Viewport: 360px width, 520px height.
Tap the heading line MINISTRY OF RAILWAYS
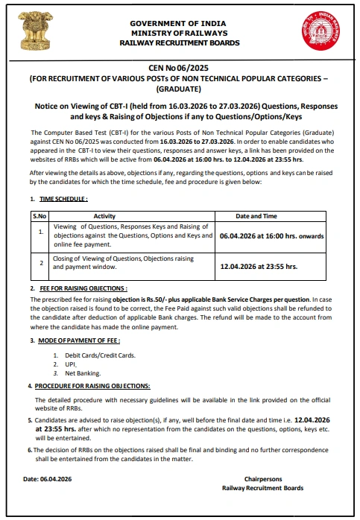(x=180, y=34)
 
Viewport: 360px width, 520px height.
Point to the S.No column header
(x=40, y=216)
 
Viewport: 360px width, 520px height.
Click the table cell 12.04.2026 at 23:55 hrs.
(x=259, y=266)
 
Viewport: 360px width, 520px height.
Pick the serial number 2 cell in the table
(x=40, y=263)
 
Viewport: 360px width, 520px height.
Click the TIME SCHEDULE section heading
(x=63, y=199)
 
